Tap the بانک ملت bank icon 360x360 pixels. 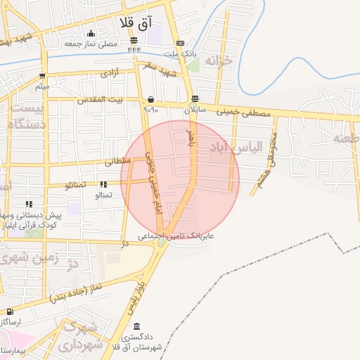(180, 43)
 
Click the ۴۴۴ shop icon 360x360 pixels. (134, 40)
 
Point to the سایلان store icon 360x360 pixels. (195, 99)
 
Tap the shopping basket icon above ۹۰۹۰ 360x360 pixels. (150, 100)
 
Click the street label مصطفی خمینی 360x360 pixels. (243, 111)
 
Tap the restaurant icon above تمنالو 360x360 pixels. (103, 185)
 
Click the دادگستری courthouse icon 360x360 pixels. (136, 327)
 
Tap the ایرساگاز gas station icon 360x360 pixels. (10, 311)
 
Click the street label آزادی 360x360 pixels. (111, 72)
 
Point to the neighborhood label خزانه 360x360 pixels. (217, 61)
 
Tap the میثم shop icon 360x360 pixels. (43, 76)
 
